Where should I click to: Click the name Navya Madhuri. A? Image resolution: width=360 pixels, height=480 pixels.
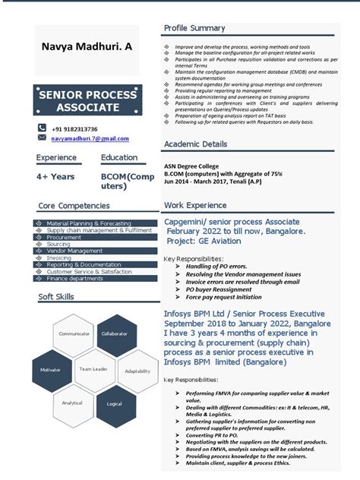86,47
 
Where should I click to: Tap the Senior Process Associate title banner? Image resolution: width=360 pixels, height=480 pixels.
87,100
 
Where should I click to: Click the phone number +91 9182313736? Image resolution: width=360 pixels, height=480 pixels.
74,129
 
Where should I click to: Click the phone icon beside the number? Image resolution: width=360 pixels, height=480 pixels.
42,129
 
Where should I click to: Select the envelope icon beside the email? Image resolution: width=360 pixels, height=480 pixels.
42,138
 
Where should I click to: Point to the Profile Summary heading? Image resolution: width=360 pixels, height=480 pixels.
194,28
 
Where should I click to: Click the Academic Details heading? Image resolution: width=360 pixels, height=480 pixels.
195,144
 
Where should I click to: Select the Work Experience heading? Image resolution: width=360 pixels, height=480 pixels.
195,205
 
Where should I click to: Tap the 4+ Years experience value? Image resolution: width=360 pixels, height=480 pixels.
55,176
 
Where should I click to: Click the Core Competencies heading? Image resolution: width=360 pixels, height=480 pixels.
74,206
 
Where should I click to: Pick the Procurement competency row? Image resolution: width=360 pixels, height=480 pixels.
64,237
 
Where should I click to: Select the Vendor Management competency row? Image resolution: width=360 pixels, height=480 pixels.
74,251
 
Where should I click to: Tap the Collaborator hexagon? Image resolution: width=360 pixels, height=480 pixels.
115,333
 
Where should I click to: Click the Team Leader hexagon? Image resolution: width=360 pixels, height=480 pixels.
93,369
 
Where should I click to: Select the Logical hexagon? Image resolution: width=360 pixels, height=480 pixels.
115,404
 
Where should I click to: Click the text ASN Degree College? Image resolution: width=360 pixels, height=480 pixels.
191,166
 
